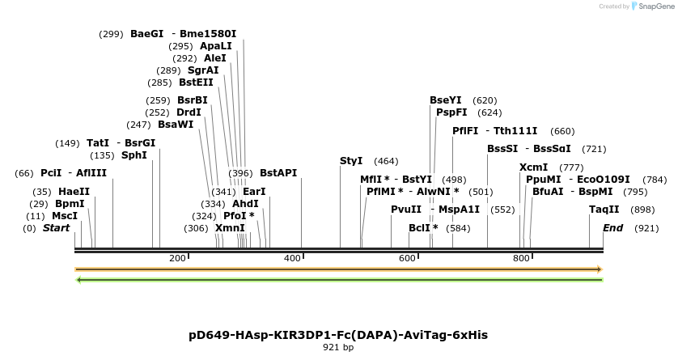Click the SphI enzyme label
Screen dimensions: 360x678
(134, 155)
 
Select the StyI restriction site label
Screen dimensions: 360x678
(351, 161)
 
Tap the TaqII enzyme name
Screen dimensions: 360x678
(604, 210)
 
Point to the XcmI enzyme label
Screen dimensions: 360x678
(533, 167)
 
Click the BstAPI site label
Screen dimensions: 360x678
(278, 173)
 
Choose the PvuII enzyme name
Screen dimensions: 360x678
(406, 210)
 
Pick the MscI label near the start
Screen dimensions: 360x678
(65, 216)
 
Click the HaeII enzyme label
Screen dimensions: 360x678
(74, 192)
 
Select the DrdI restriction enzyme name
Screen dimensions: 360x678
(189, 112)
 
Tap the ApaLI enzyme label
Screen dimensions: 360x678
(215, 46)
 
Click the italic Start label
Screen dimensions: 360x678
(56, 228)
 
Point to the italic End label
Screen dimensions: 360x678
(612, 228)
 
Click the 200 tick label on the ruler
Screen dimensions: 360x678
(177, 258)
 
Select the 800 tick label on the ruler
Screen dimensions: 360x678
(521, 258)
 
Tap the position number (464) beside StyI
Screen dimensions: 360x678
(386, 161)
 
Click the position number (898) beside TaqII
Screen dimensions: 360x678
(642, 210)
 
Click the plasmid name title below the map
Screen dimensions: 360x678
(338, 334)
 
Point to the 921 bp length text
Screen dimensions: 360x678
(338, 347)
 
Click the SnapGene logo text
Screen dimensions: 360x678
(657, 6)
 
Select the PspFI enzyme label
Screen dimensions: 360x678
(451, 112)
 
